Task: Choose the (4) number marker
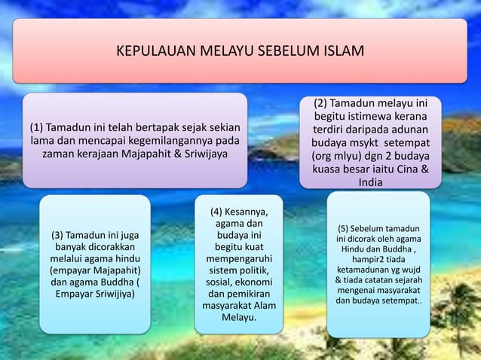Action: [x=220, y=211]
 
